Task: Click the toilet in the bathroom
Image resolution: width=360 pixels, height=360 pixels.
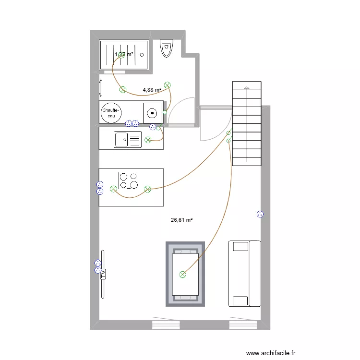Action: [166, 48]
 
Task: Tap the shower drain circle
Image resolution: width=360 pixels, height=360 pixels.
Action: [143, 55]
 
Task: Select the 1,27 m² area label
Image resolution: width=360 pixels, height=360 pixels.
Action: [124, 55]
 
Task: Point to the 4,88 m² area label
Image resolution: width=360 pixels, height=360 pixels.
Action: [152, 89]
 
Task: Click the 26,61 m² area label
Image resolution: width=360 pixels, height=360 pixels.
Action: [181, 220]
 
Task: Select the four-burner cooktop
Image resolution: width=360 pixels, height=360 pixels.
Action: [129, 180]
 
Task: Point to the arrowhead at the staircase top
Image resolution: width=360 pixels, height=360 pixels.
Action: [247, 87]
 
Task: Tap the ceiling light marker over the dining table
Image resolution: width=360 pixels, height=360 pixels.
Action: [182, 275]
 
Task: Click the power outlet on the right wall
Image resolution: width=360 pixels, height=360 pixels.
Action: [260, 215]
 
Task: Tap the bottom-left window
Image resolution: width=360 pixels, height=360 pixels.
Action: [166, 324]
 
